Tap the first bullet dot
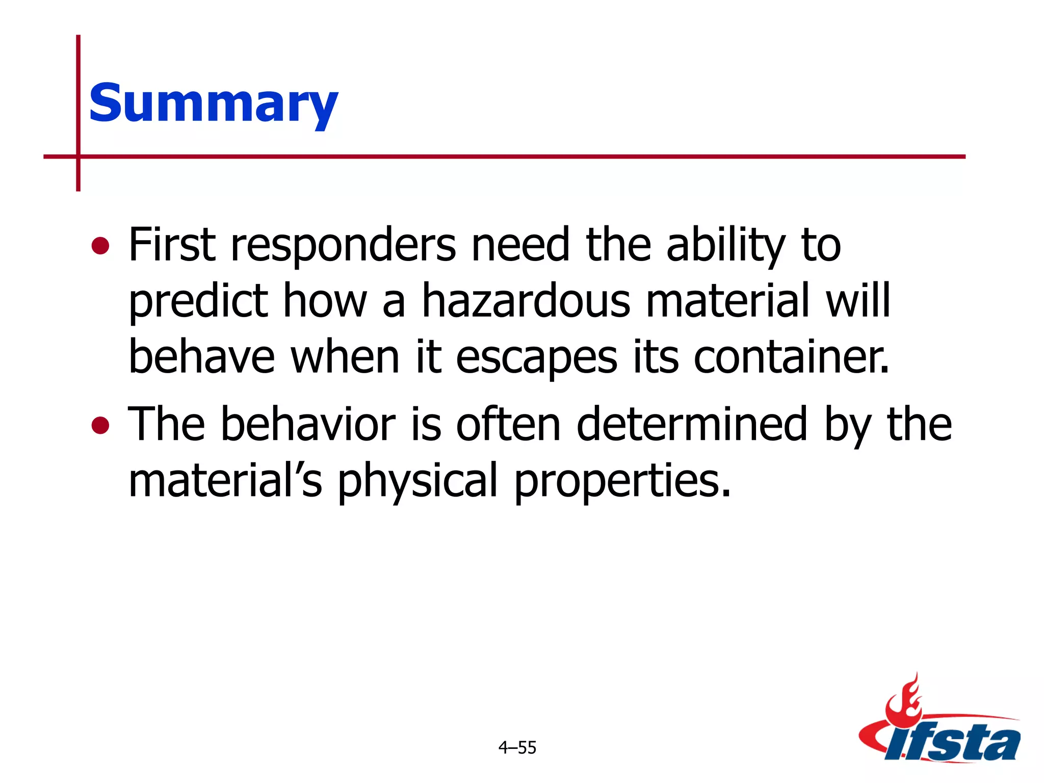100,246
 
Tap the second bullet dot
100,425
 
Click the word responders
343,246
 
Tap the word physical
417,482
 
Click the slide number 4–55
517,748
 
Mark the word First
172,246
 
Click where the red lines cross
79,156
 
